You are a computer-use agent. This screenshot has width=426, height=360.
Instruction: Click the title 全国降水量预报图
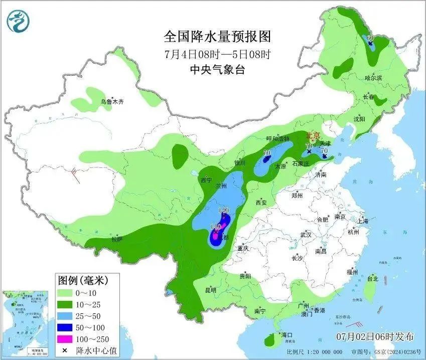tap(217, 37)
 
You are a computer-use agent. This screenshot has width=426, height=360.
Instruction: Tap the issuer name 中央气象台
tap(217, 70)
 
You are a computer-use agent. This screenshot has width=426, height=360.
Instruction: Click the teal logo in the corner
tap(19, 21)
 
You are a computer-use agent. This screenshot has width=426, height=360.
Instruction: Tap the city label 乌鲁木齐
tap(111, 102)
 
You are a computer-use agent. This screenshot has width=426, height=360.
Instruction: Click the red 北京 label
tap(313, 135)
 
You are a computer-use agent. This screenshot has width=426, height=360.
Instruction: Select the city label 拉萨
tap(117, 240)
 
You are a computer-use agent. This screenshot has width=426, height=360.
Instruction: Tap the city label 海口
tap(287, 334)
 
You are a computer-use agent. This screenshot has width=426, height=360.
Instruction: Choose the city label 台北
tap(372, 278)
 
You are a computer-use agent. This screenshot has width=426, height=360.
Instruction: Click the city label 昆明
tap(211, 290)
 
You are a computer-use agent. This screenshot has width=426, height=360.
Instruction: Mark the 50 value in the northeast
tap(370, 38)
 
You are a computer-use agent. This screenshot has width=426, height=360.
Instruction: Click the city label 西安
tap(261, 203)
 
